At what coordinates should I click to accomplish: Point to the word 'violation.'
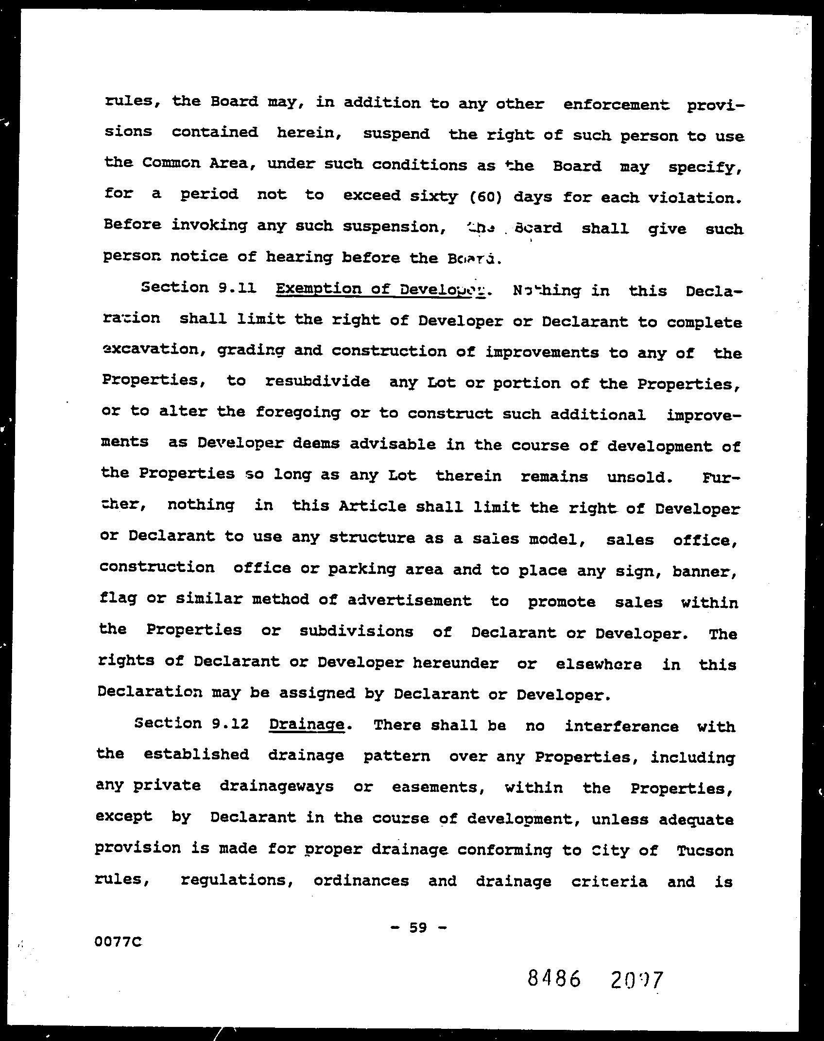[696, 199]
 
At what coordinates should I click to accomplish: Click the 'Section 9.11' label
[198, 288]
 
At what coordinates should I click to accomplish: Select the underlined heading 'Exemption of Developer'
[380, 290]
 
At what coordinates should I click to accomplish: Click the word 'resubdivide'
[317, 382]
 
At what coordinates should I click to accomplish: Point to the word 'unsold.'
[640, 477]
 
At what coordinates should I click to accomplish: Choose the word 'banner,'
[705, 571]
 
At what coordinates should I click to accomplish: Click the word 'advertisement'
[409, 601]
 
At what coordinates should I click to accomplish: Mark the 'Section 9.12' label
[191, 723]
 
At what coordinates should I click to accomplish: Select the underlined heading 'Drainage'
[307, 725]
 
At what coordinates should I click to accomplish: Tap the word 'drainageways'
[276, 786]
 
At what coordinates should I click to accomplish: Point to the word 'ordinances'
[361, 881]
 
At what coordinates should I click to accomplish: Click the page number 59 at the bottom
[418, 928]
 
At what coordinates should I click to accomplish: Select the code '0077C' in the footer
[119, 942]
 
